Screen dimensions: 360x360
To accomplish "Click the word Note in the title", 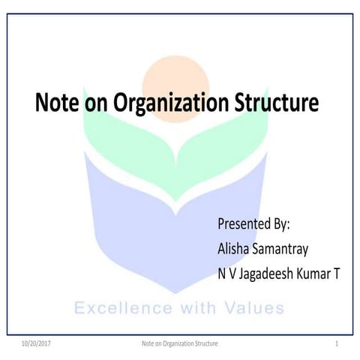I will (x=57, y=103).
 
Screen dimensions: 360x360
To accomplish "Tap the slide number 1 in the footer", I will (x=338, y=343).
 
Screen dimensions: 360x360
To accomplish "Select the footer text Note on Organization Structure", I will (x=180, y=343).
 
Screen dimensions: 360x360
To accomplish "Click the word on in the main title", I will (x=94, y=103).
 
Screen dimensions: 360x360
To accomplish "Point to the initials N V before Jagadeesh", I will (x=226, y=274).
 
